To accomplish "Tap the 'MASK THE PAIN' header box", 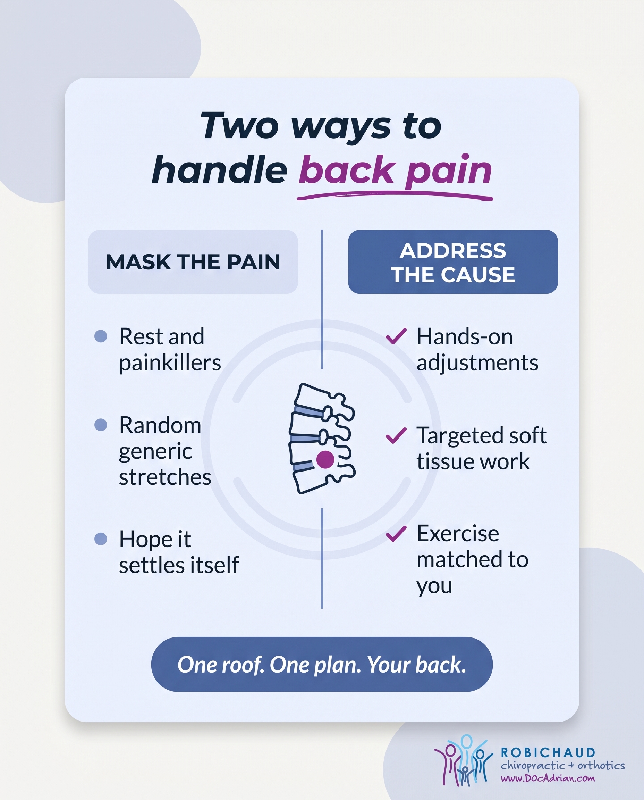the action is [x=193, y=262].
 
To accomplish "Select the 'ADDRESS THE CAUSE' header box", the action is [x=452, y=262].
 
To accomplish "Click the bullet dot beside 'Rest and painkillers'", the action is [x=101, y=336].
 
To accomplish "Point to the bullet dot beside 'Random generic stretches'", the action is [x=101, y=425].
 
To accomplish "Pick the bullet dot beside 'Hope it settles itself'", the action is [x=101, y=539].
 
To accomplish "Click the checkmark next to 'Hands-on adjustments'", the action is [x=396, y=336].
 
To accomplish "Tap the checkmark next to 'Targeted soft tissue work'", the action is [x=396, y=435].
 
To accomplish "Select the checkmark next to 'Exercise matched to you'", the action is [x=396, y=534].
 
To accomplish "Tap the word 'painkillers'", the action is [x=170, y=363].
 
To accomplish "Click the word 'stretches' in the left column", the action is [x=165, y=477].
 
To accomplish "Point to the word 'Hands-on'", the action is [x=465, y=337].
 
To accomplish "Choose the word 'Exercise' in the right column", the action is [x=458, y=534].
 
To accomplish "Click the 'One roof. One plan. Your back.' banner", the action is [x=322, y=664].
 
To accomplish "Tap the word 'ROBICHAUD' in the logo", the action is [x=548, y=752].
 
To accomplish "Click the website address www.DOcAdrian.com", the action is [x=548, y=778].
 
